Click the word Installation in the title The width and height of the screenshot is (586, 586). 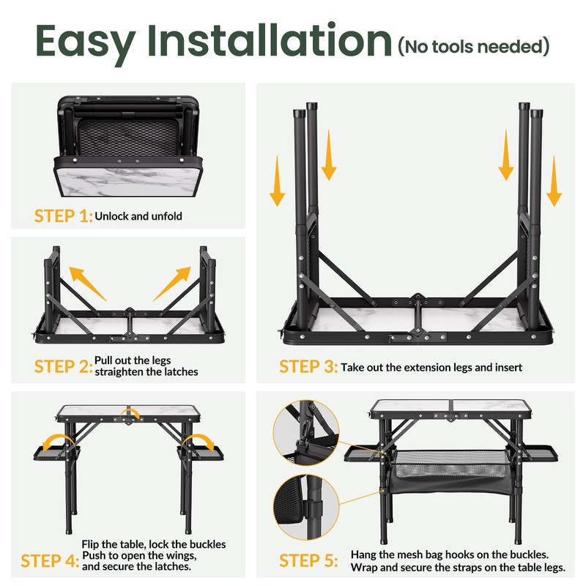[270, 40]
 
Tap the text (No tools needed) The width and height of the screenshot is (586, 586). [474, 47]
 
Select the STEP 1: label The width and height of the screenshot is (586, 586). [63, 216]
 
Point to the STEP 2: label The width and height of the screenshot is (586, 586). [63, 367]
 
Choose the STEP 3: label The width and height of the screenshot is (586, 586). [308, 367]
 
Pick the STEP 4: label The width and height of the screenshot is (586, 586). [50, 561]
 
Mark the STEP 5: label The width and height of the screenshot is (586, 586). [308, 561]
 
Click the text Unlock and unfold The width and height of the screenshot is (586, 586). [138, 216]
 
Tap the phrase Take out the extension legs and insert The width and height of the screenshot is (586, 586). [431, 368]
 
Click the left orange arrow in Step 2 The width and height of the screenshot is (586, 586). [87, 283]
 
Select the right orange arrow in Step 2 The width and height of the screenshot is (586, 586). [172, 283]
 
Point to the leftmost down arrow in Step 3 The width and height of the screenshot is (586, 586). [277, 181]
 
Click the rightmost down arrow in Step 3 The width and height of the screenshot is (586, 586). [554, 181]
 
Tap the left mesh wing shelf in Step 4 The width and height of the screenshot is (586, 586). [56, 453]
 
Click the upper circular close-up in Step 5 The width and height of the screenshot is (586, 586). [306, 433]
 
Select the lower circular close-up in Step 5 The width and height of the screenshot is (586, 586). [306, 507]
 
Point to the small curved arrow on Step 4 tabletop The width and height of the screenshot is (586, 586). [130, 412]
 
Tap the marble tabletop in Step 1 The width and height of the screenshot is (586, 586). [127, 182]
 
